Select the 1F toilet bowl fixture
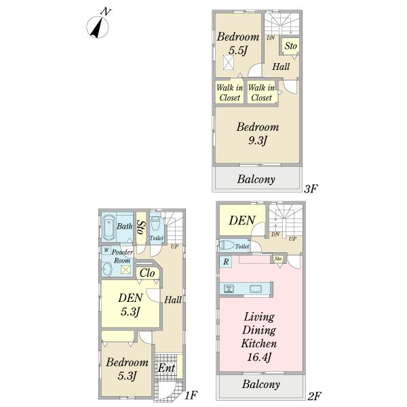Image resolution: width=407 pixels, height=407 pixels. tap(155, 223)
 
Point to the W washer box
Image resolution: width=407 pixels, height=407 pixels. tap(106, 250)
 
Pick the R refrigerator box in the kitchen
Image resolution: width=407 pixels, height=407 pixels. tap(226, 262)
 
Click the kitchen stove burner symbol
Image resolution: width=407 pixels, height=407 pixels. tap(229, 289)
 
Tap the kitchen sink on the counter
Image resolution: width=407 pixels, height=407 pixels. tap(256, 289)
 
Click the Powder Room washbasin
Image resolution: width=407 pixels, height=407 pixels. tap(107, 269)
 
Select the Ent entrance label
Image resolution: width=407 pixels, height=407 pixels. tap(167, 368)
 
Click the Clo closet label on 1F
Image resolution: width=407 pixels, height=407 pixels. tap(147, 273)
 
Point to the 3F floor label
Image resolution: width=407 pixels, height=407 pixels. tap(311, 189)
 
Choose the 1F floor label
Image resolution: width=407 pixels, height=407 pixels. tap(191, 395)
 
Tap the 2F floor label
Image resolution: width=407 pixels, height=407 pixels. tap(314, 396)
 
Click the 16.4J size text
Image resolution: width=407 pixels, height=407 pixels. tap(259, 357)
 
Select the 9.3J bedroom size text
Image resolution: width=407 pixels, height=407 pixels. tap(258, 140)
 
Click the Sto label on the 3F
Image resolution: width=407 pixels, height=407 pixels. tap(290, 46)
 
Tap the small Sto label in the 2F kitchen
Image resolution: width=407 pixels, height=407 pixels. tap(278, 258)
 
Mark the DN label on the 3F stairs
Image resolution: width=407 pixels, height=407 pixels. tap(271, 38)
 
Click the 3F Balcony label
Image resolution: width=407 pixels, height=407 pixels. tap(256, 179)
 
